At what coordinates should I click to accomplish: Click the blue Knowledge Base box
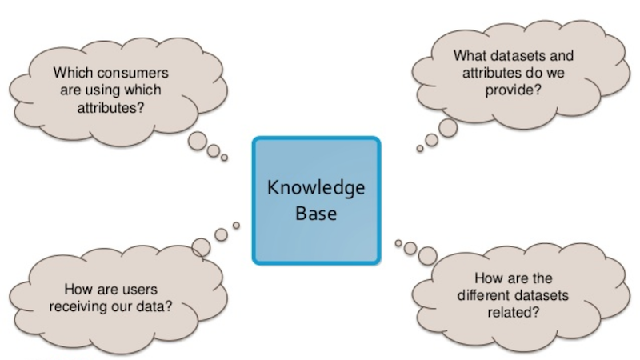pyautogui.click(x=316, y=201)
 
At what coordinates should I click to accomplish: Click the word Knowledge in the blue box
pyautogui.click(x=316, y=189)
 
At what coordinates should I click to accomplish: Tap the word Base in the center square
pyautogui.click(x=316, y=214)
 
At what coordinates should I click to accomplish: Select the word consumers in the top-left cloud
pyautogui.click(x=133, y=73)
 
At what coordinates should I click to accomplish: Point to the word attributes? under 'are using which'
pyautogui.click(x=110, y=108)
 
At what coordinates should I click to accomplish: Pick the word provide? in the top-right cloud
pyautogui.click(x=513, y=90)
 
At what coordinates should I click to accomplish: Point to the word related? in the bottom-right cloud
pyautogui.click(x=513, y=312)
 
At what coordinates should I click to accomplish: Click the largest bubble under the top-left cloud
pyautogui.click(x=198, y=142)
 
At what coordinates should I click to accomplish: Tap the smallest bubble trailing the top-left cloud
pyautogui.click(x=224, y=158)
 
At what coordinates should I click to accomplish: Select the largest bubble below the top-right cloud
pyautogui.click(x=448, y=128)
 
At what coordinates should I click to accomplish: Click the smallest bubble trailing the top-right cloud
pyautogui.click(x=419, y=149)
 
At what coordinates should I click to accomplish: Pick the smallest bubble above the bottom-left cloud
pyautogui.click(x=236, y=226)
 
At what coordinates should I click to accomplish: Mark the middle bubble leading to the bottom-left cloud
pyautogui.click(x=222, y=234)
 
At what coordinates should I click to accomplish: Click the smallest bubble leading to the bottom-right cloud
pyautogui.click(x=398, y=243)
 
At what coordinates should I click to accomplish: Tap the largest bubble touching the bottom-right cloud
pyautogui.click(x=428, y=256)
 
